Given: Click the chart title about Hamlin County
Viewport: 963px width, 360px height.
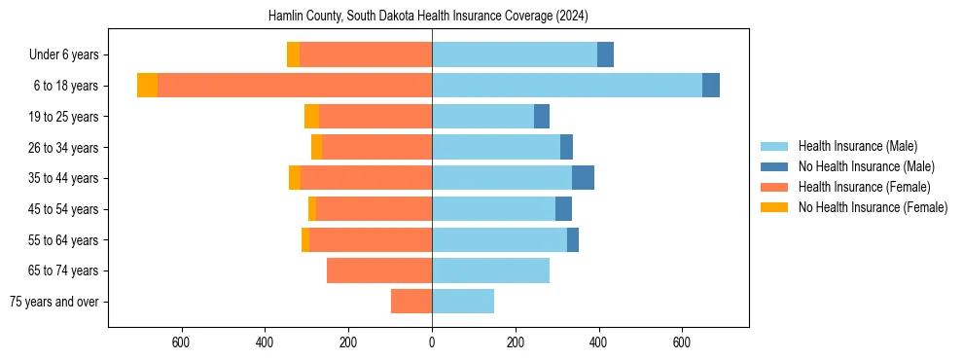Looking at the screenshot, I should pos(428,17).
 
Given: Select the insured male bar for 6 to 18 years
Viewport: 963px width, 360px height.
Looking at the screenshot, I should pos(567,86).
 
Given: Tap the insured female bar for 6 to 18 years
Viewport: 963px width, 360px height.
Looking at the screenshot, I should pos(295,86).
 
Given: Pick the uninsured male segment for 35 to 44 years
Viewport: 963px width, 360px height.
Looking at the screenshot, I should pos(583,178).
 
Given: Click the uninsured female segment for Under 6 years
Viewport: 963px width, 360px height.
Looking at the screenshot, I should pos(293,54).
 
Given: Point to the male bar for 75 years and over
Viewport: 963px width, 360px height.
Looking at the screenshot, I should pos(463,302).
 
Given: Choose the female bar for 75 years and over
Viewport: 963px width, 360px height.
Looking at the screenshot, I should pos(411,302).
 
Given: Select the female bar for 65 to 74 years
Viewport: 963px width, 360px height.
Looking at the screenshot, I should pos(379,270).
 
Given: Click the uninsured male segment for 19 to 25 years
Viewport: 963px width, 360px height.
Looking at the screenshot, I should pos(542,117).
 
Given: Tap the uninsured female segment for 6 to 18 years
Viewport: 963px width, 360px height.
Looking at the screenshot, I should pos(147,86).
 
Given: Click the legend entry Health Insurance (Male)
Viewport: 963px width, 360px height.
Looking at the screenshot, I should pos(857,146).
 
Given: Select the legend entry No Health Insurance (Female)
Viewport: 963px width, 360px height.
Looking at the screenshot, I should pos(873,207).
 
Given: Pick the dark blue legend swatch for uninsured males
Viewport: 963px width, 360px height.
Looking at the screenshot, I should pos(775,166).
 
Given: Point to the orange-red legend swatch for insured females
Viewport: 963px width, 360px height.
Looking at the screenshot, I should pos(775,187).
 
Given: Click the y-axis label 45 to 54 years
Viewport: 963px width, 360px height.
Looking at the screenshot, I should pos(63,209).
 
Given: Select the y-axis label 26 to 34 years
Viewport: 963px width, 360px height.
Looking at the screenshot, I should pos(63,148).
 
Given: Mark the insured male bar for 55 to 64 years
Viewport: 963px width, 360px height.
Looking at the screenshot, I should pos(499,239).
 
